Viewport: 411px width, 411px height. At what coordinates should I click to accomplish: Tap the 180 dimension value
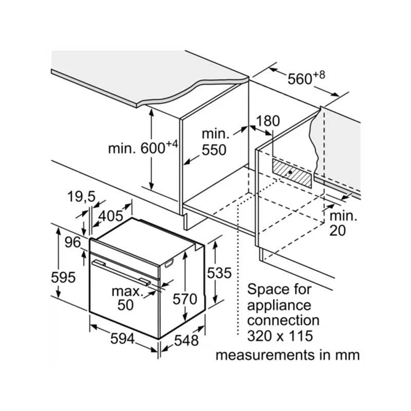pos(268,121)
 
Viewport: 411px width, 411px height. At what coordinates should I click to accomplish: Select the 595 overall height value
pos(63,277)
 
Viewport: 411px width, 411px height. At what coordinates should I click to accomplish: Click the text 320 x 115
pos(279,337)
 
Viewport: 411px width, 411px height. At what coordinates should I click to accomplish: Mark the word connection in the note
pos(283,321)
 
